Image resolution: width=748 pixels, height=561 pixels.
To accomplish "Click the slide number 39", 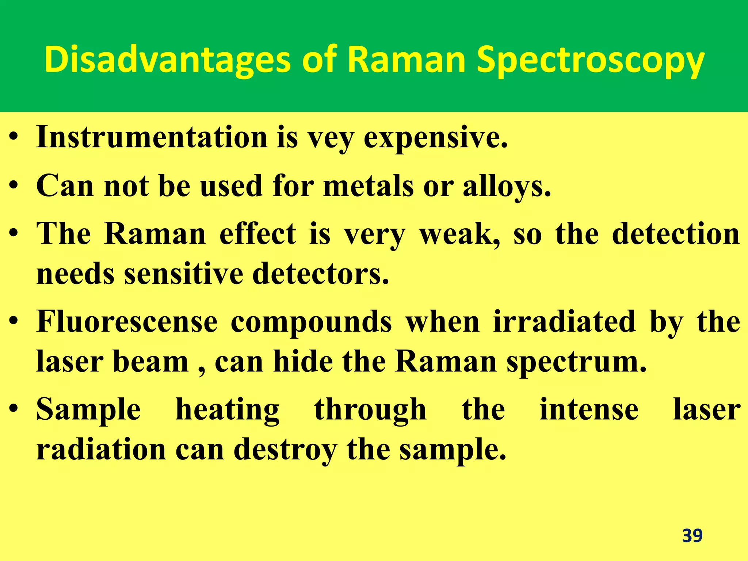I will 692,536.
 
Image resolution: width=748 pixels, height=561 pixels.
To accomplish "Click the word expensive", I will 435,139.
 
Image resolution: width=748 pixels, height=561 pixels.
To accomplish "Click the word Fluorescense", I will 127,322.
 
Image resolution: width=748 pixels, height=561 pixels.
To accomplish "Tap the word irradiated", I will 564,322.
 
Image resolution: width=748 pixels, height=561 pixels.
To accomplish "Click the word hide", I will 303,362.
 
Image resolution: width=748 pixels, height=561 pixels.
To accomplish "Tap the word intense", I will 589,410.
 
